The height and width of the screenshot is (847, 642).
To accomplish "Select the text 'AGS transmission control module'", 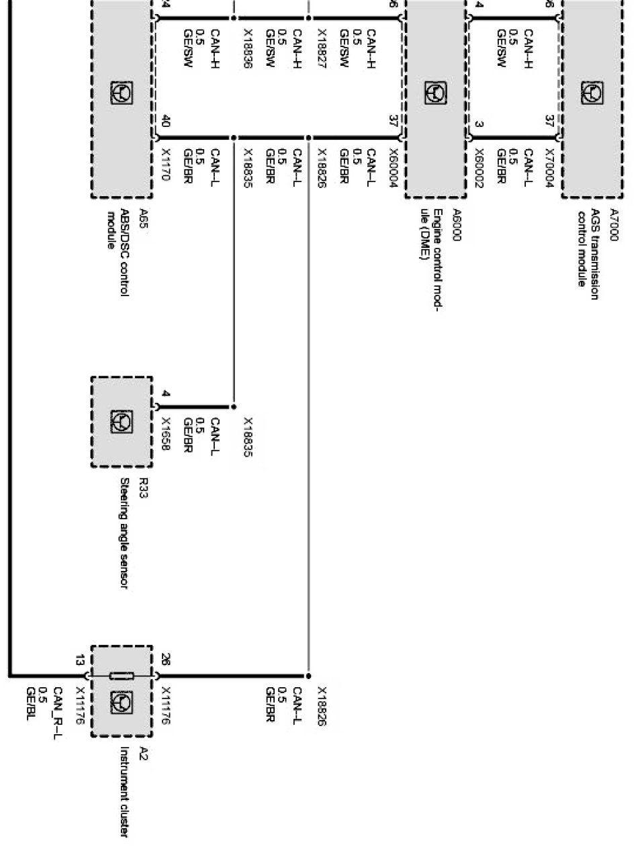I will [x=588, y=249].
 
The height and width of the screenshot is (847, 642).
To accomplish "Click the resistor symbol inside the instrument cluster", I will [x=122, y=675].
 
